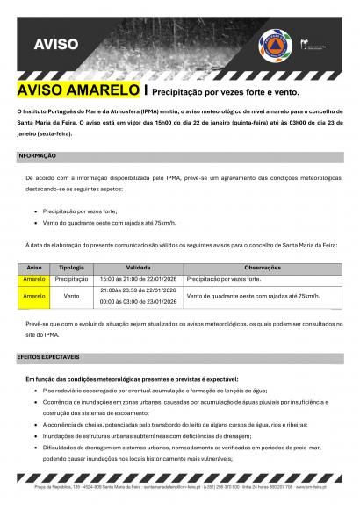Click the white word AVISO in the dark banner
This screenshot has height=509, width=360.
(x=56, y=43)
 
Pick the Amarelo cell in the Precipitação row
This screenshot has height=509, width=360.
(x=34, y=277)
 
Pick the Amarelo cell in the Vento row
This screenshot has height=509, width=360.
(x=34, y=297)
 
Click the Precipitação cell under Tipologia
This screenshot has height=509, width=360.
(x=72, y=277)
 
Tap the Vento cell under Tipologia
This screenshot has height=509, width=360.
(x=72, y=297)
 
